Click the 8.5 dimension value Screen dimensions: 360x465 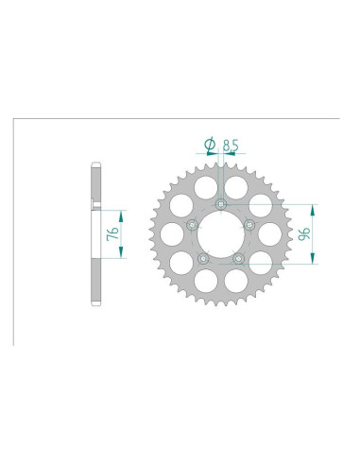click(x=231, y=146)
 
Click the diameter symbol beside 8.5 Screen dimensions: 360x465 click(x=210, y=145)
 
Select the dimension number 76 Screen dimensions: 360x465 click(x=112, y=233)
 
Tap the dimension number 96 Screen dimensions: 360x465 click(x=304, y=233)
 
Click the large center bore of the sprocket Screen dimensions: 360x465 click(x=221, y=234)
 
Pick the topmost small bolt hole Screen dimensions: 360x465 click(x=221, y=205)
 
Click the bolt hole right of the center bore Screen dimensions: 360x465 click(x=249, y=225)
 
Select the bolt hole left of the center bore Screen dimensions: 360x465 click(x=192, y=225)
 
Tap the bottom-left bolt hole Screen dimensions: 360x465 click(x=203, y=259)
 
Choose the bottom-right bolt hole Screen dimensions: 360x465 click(x=238, y=259)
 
